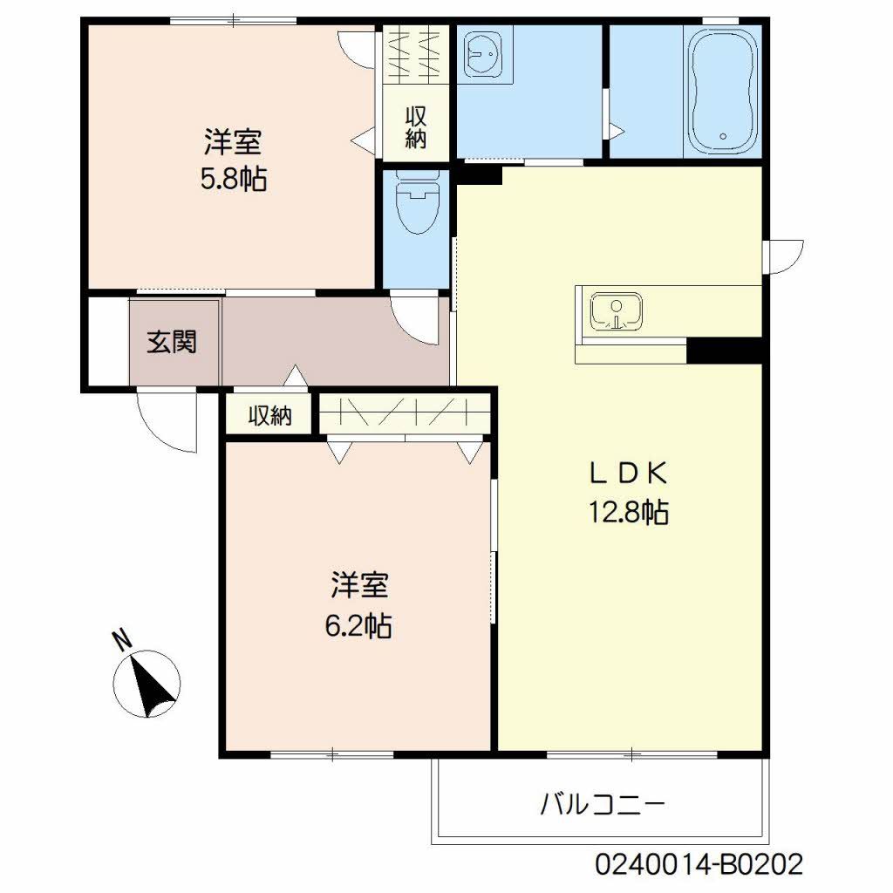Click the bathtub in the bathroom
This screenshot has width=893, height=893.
[x=723, y=92]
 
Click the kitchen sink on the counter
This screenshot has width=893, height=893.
[x=617, y=313]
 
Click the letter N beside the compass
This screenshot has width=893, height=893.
[x=123, y=640]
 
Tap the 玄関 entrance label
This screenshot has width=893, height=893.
[x=171, y=342]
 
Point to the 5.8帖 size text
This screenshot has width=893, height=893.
[x=234, y=179]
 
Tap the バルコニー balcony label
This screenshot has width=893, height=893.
[x=603, y=802]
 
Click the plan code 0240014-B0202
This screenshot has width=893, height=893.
[x=699, y=865]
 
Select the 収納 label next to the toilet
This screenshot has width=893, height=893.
[x=416, y=127]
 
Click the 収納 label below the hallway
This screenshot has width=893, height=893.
[x=269, y=416]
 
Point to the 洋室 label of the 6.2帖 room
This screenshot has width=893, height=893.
[x=358, y=585]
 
